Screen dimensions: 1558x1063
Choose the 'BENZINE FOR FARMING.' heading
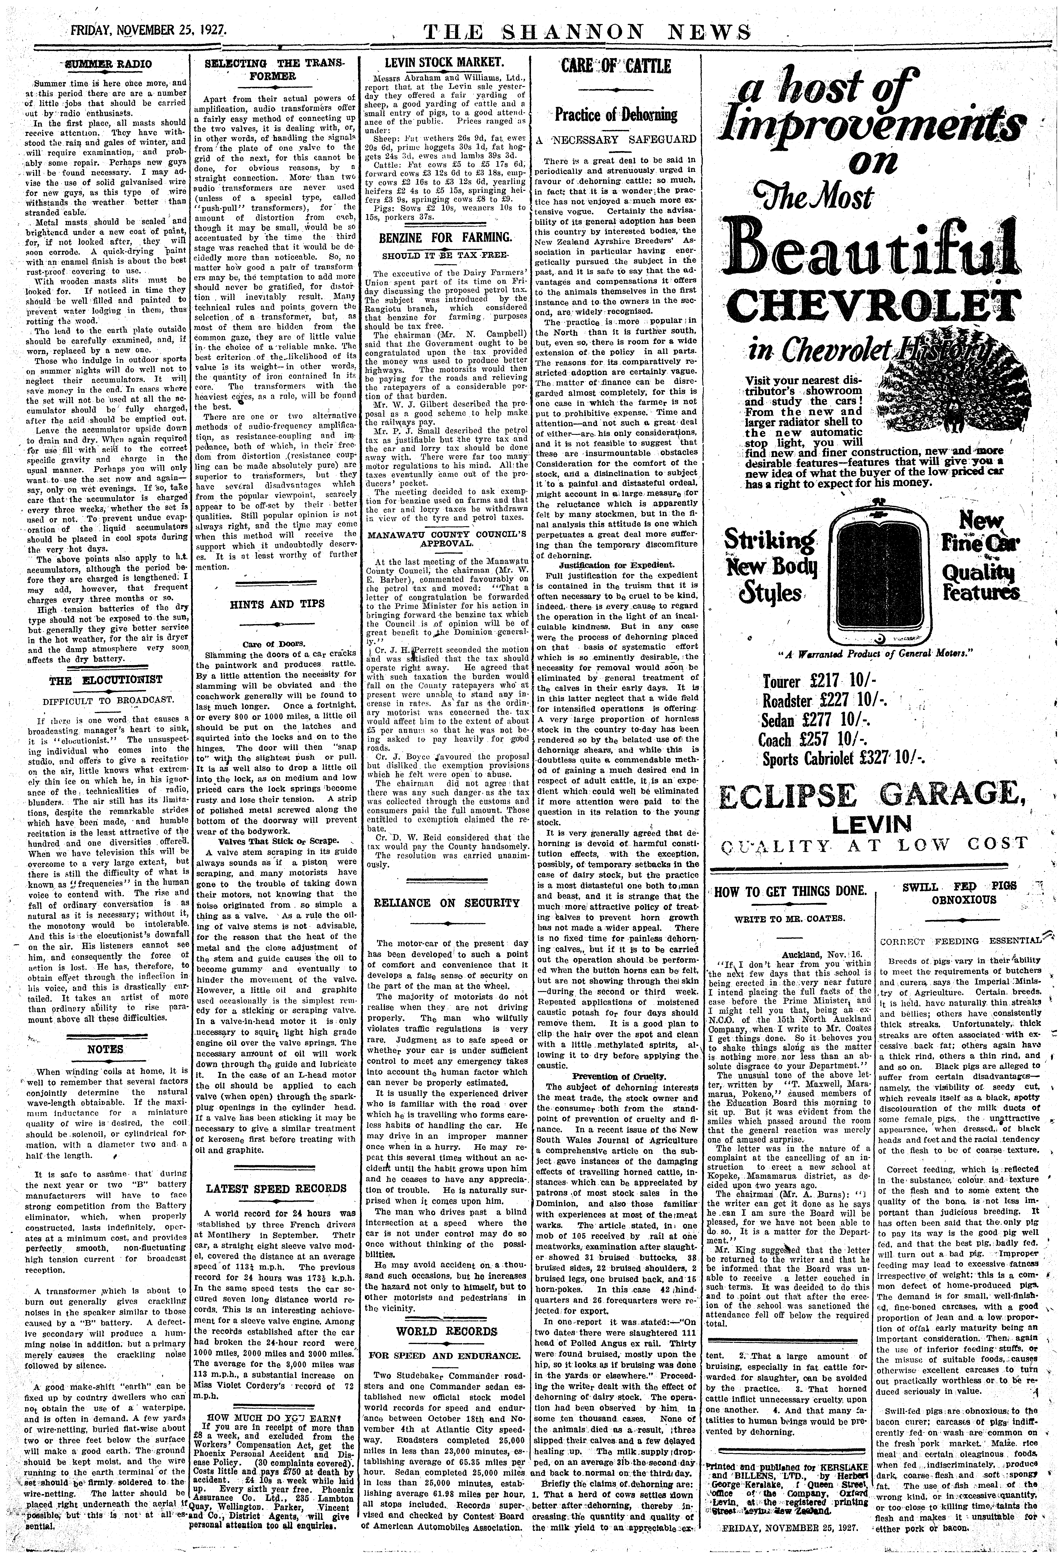[445, 237]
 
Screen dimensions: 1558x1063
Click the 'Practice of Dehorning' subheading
[616, 115]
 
